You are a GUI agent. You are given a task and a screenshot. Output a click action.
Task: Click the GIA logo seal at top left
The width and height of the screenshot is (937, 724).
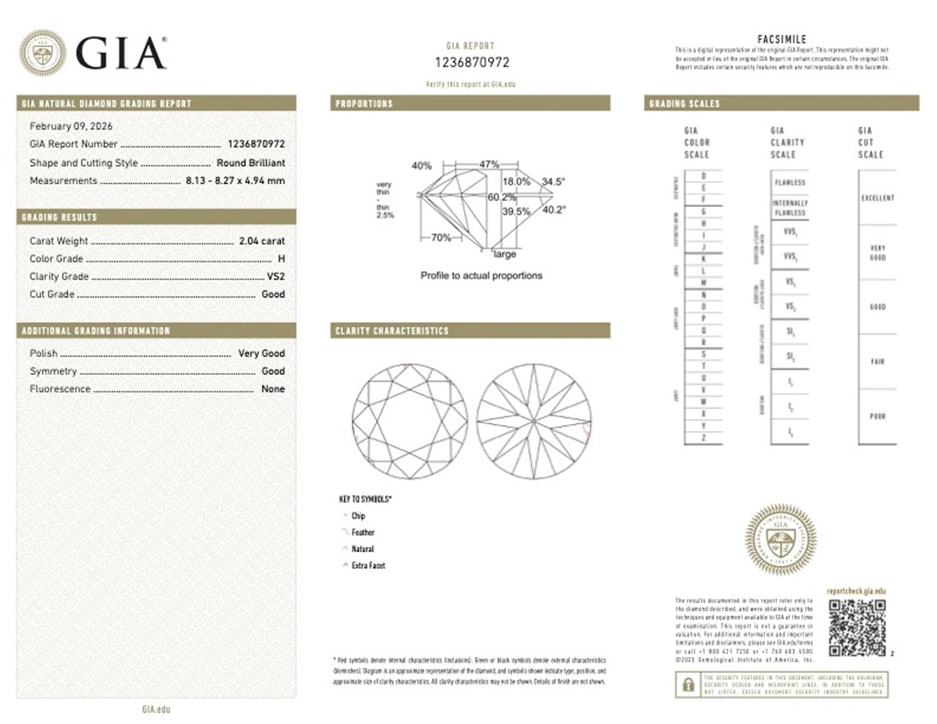42,53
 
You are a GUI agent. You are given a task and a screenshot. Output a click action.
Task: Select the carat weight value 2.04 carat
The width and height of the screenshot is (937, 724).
262,241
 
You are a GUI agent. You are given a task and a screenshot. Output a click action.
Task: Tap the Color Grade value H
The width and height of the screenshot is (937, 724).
281,259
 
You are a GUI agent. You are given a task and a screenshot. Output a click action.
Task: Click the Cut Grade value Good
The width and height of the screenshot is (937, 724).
273,295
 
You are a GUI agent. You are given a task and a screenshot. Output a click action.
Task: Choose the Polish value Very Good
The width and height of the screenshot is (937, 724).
262,353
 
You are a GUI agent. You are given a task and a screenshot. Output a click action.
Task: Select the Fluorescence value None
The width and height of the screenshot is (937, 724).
273,389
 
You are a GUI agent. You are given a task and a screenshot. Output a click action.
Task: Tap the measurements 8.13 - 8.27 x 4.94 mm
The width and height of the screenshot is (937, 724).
235,181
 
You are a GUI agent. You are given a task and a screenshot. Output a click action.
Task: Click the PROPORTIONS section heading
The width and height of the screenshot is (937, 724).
365,103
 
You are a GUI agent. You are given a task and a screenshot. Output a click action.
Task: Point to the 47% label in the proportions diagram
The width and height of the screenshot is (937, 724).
488,163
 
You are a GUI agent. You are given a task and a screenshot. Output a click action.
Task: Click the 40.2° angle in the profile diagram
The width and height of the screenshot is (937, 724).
554,209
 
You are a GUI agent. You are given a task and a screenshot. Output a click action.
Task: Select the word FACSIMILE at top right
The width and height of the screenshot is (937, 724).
781,39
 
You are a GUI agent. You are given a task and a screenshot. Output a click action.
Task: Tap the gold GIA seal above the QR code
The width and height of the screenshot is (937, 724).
780,539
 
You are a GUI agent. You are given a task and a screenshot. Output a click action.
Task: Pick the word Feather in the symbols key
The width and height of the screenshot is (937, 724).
363,532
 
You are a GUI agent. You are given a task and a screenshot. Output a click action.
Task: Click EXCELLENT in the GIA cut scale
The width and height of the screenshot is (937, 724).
877,198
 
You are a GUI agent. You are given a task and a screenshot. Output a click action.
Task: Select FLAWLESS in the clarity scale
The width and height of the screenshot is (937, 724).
790,183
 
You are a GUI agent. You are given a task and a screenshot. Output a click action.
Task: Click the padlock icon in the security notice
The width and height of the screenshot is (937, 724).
686,683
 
